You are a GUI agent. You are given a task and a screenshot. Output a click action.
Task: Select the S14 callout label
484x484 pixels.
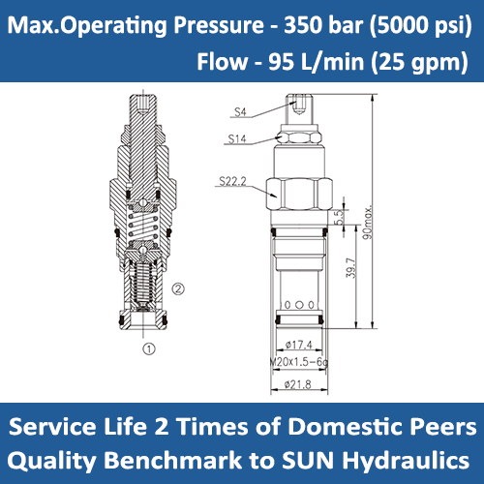click(x=238, y=138)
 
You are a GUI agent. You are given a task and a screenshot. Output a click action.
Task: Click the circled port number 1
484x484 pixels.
click(x=148, y=345)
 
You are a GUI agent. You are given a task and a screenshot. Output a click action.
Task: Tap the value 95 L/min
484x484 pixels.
click(x=297, y=63)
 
